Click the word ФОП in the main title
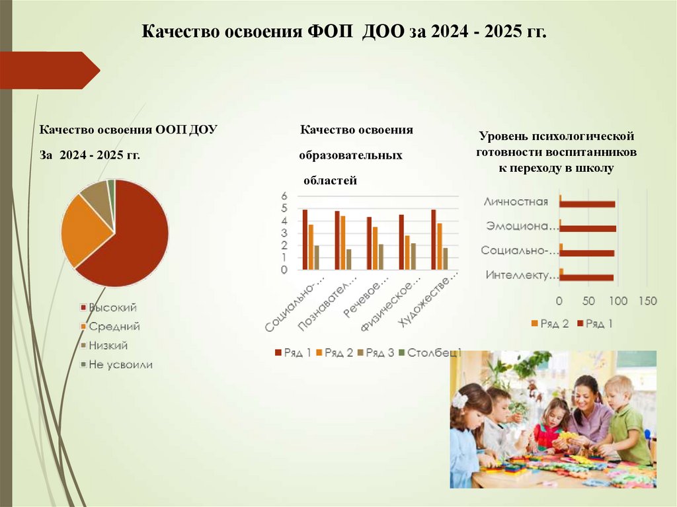pos(331,32)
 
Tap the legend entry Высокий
pos(112,307)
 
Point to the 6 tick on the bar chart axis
pos(284,196)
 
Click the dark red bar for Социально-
pos(305,239)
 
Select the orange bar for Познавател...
pos(343,243)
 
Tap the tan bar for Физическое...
pos(413,256)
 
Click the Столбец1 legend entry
pos(434,353)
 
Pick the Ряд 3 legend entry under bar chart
pos(380,353)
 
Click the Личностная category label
pos(516,202)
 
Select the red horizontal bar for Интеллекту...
pos(587,278)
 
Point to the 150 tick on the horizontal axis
pos(647,301)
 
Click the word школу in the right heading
pos(594,169)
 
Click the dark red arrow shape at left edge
pos(50,70)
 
